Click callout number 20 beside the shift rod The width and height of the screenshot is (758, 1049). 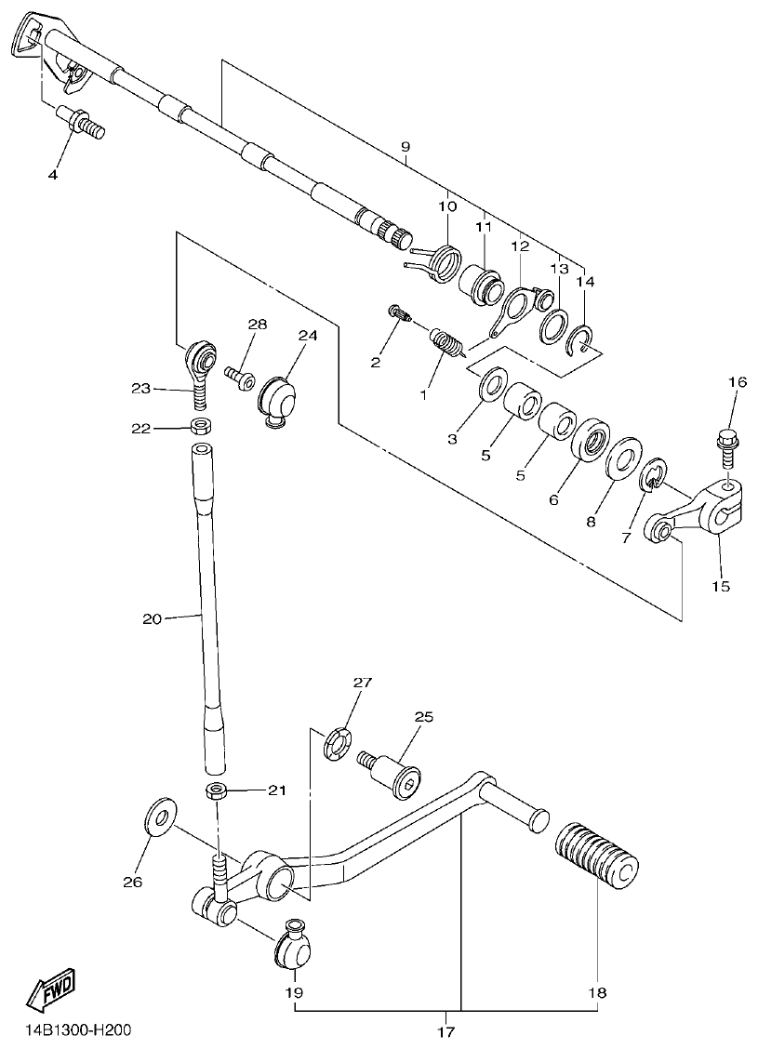coord(153,617)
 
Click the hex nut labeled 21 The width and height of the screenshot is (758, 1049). coord(217,791)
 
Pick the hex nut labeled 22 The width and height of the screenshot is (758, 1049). coord(198,427)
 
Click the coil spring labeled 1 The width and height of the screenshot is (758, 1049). coord(448,343)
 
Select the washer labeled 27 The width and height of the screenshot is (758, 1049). coord(338,744)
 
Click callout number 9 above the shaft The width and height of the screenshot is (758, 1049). coord(405,148)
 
